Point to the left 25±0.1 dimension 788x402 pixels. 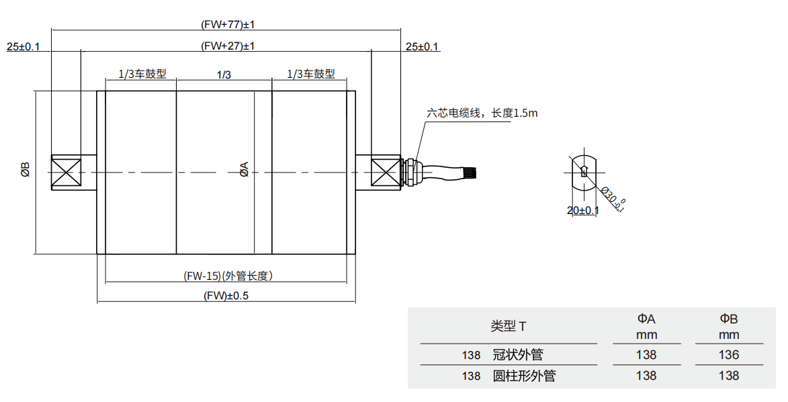[x=24, y=46]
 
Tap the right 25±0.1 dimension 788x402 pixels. [x=422, y=46]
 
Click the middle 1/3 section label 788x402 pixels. [x=224, y=74]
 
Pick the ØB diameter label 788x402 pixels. [x=25, y=170]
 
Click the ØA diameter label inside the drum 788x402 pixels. [x=245, y=169]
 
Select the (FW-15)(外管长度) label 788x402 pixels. [x=228, y=276]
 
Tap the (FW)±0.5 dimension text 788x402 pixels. [x=227, y=295]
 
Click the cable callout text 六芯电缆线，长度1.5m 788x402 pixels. [x=482, y=113]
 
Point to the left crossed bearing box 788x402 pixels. [x=67, y=172]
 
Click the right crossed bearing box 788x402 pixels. [x=386, y=172]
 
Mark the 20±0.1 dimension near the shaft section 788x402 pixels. [x=582, y=210]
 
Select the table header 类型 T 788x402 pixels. [x=509, y=326]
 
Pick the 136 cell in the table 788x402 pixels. [x=729, y=354]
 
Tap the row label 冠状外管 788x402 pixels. [x=517, y=354]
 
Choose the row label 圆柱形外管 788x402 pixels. [x=525, y=376]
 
